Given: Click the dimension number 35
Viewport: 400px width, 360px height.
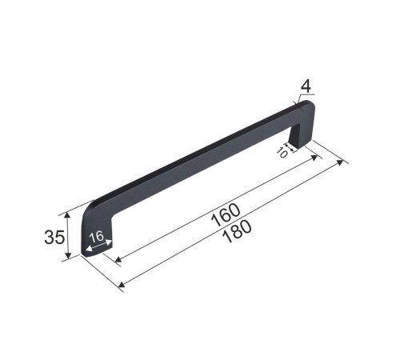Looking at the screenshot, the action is tap(54, 237).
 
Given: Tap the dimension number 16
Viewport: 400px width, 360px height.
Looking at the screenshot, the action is tap(97, 237).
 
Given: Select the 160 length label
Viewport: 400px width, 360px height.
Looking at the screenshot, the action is tap(226, 215).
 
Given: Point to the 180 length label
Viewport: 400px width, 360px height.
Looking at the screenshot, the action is tap(237, 231).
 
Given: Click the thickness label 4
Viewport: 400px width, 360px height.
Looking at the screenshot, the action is tap(306, 87).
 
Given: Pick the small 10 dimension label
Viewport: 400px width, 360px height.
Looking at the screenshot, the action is tap(282, 153).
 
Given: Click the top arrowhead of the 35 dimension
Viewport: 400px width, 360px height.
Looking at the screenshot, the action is tap(68, 215).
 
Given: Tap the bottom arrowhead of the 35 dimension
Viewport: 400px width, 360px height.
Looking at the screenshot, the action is tap(69, 255).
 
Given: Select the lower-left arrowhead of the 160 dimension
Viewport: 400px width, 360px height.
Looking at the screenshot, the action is tap(118, 259).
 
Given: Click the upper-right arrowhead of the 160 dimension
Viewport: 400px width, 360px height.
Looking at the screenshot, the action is tap(314, 158).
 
